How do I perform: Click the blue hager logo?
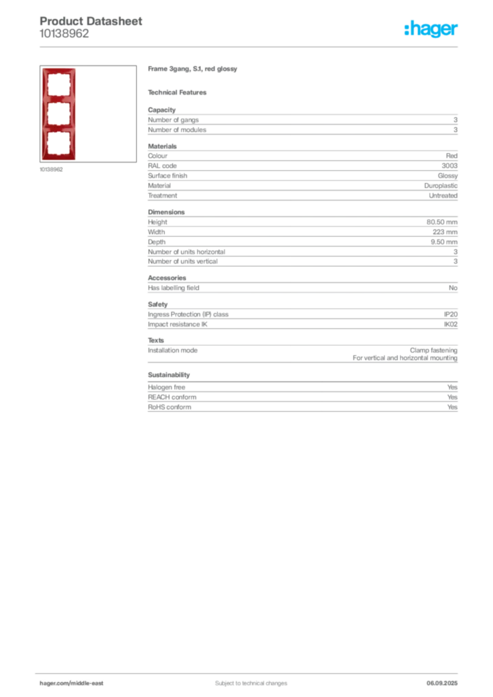(x=432, y=29)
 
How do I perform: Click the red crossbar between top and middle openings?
(x=58, y=99)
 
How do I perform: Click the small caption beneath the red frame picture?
(x=52, y=169)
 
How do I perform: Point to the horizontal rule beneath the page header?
(x=250, y=46)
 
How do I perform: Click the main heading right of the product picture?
(x=193, y=70)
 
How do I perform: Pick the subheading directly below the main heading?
(x=180, y=92)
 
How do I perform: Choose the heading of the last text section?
(x=169, y=375)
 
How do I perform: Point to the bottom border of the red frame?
(x=58, y=159)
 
